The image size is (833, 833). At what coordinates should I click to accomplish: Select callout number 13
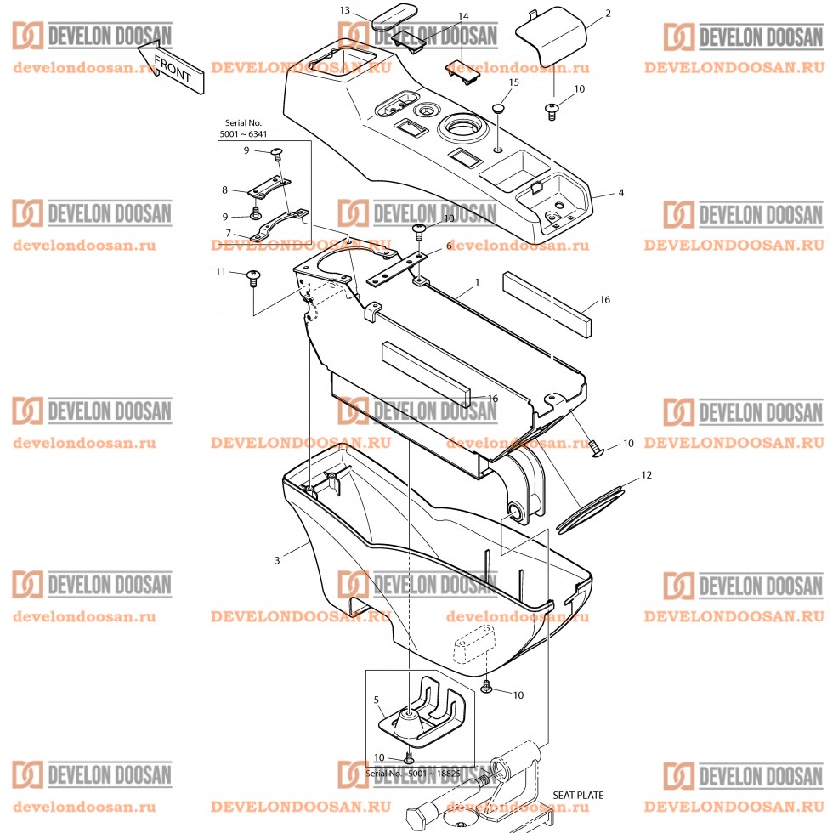[x=344, y=10]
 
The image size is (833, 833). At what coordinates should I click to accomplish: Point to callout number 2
[x=608, y=14]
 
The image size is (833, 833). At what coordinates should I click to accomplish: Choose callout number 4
[x=620, y=193]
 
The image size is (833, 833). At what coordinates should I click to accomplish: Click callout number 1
[x=478, y=281]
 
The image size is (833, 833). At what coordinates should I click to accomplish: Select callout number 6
[x=449, y=246]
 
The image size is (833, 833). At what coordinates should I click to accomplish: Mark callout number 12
[x=646, y=475]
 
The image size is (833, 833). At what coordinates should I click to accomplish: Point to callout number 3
[x=277, y=560]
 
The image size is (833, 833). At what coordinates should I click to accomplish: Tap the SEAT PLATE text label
[x=578, y=796]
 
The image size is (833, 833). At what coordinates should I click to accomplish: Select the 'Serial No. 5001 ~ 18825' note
[x=412, y=774]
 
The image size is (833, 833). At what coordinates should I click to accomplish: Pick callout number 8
[x=226, y=190]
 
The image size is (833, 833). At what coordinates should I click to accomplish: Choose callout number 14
[x=463, y=17]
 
